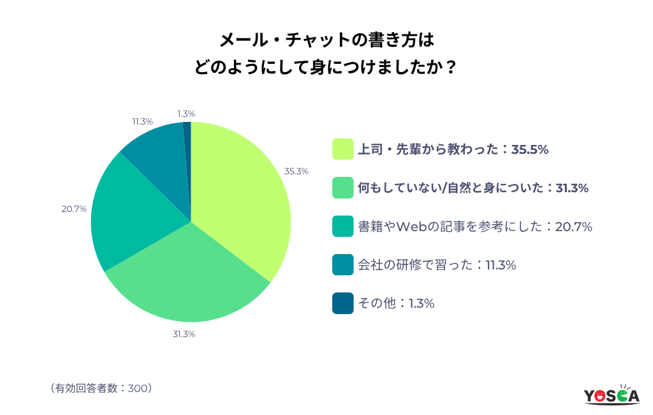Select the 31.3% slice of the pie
(191, 281)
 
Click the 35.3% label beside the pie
(297, 171)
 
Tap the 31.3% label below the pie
(183, 334)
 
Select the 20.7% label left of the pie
(74, 209)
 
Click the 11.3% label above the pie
(142, 121)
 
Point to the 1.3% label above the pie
(186, 113)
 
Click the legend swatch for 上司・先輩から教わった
(342, 149)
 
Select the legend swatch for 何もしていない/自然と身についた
(342, 188)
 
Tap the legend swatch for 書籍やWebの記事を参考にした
(342, 226)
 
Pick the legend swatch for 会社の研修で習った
(342, 264)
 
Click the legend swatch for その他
(342, 303)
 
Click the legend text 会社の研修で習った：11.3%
(437, 264)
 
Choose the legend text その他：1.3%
(396, 303)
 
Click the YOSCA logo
(612, 395)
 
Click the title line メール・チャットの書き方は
(326, 41)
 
